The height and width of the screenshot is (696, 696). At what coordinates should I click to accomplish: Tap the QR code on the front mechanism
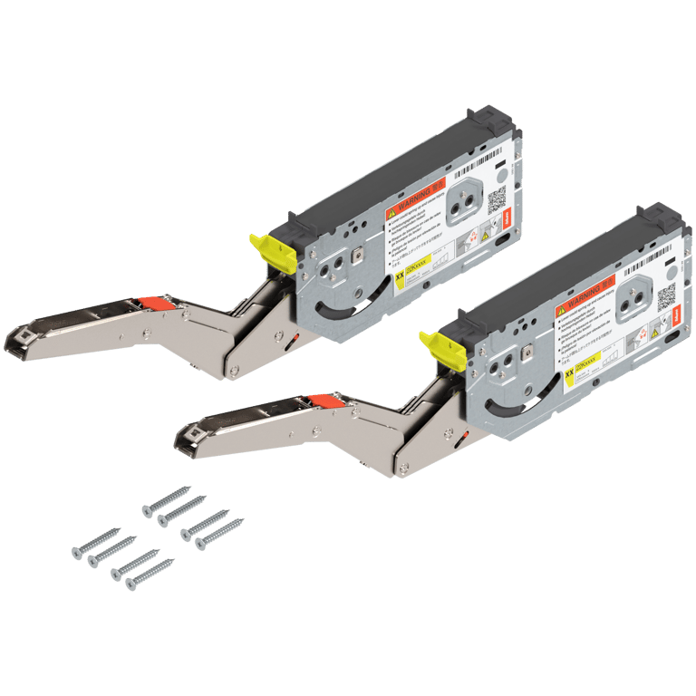click(667, 295)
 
